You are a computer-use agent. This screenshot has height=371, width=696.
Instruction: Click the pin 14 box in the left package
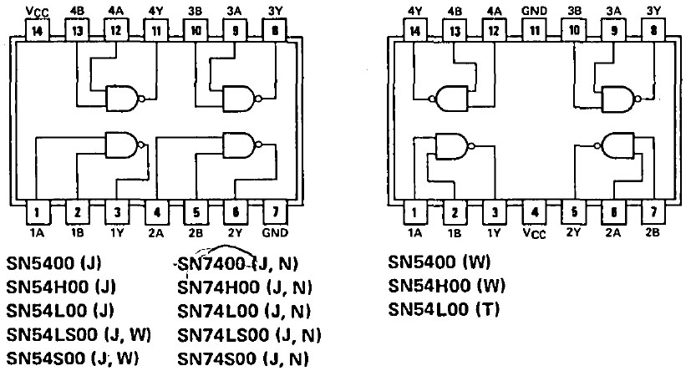click(x=38, y=30)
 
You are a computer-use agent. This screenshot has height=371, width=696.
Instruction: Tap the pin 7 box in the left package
click(x=275, y=213)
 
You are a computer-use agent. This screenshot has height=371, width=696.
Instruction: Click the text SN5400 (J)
click(x=53, y=264)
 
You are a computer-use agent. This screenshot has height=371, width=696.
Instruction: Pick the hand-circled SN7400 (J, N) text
click(x=238, y=265)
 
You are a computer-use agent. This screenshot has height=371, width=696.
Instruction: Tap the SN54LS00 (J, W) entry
click(x=79, y=335)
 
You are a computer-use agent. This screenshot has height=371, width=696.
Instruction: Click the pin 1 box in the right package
click(x=414, y=213)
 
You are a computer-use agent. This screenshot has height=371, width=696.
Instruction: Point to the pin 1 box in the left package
click(x=38, y=213)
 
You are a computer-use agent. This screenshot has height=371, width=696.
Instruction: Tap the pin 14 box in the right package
click(x=414, y=30)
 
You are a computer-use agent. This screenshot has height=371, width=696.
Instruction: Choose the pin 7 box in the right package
click(x=654, y=213)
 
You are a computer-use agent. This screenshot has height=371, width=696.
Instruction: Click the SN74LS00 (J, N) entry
click(x=249, y=335)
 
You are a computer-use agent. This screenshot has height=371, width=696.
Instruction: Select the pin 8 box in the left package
click(x=275, y=30)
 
